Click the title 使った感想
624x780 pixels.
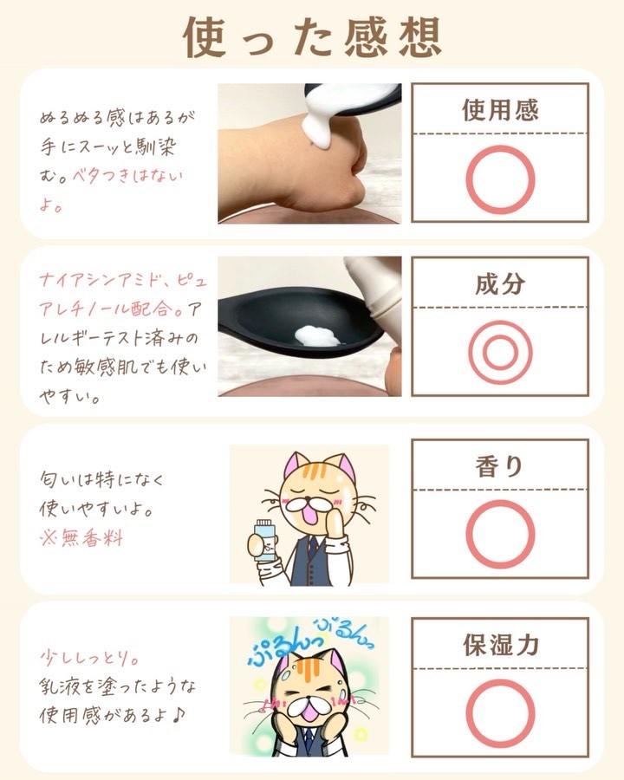312,37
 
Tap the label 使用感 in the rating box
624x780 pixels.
500,110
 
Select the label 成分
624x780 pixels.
500,283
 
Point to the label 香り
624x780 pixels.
499,466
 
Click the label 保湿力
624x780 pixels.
501,645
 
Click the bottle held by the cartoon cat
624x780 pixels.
264,540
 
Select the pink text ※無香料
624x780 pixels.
81,537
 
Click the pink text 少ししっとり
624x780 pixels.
89,658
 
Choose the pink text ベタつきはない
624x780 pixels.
127,176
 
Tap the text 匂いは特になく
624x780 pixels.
102,479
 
